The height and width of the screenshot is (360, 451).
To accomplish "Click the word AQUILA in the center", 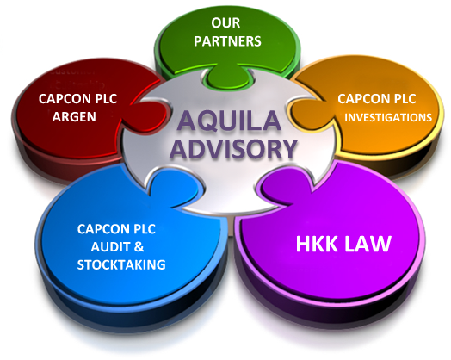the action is [229, 121].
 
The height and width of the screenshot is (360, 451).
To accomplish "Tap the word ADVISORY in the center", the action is [233, 149].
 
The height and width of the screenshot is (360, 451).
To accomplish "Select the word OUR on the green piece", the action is [225, 23].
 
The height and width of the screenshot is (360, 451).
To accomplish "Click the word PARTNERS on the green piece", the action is [227, 41].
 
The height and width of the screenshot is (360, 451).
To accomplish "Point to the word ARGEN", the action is [74, 117].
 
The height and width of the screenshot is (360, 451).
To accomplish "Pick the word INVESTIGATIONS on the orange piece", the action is [388, 117].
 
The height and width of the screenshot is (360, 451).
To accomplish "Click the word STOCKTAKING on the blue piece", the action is [121, 264].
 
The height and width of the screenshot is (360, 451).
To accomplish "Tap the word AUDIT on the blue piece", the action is [111, 247].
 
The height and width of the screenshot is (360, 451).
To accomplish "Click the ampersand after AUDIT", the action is [139, 247].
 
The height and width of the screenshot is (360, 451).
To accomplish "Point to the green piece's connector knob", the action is [227, 77].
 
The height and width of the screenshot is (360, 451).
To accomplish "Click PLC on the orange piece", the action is [405, 99].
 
